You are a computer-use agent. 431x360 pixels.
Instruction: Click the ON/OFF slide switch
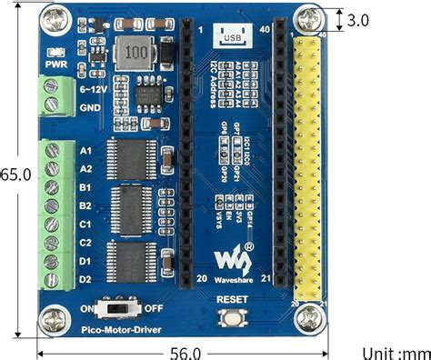(x=117, y=308)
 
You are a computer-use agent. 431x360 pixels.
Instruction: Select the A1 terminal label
(x=87, y=150)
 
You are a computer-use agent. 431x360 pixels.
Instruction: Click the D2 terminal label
(x=87, y=279)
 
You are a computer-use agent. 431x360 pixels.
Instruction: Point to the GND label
(x=90, y=107)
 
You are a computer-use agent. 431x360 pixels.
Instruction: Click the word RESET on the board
(x=232, y=299)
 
